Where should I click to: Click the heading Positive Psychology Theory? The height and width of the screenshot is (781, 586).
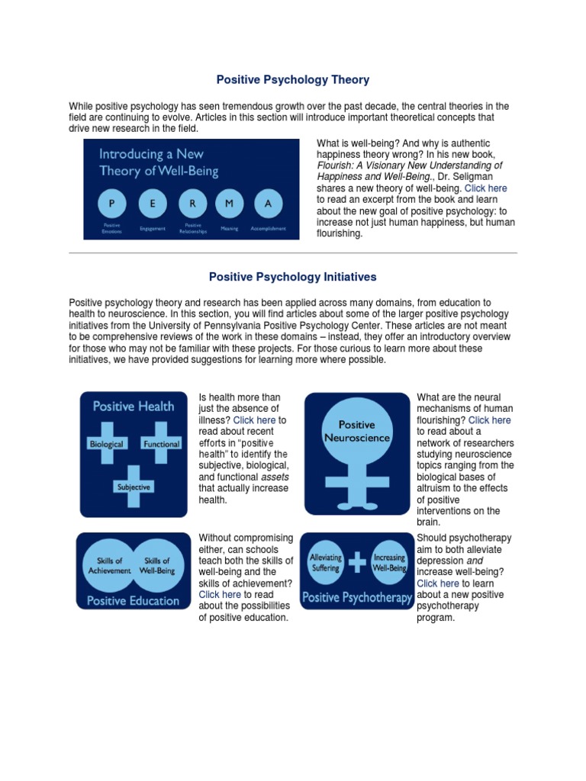tap(293, 79)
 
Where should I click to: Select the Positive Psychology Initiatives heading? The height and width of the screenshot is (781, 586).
tap(293, 277)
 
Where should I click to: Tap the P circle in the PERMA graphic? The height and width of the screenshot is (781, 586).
tap(113, 204)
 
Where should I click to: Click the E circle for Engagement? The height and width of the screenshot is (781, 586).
tap(153, 204)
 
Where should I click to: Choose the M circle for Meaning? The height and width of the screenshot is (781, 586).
tap(230, 204)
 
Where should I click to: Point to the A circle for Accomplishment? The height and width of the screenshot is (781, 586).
tap(268, 204)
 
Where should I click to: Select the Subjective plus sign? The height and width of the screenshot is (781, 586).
tap(134, 486)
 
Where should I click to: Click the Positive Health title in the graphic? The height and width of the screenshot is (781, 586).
tap(134, 407)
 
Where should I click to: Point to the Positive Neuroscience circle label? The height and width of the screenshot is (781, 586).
tap(357, 432)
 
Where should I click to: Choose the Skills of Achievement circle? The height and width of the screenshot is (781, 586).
tap(105, 566)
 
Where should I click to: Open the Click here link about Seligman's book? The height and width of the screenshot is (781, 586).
tap(485, 188)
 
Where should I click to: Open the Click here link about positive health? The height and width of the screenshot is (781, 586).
tap(254, 420)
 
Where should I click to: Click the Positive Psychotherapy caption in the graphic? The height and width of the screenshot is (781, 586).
tap(357, 597)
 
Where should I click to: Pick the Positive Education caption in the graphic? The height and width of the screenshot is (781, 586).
tap(133, 600)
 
